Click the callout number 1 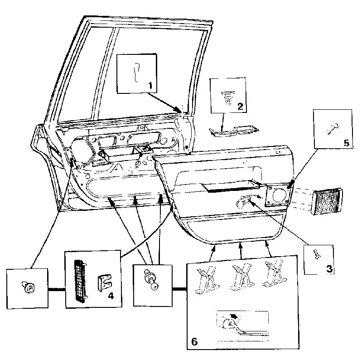pyautogui.click(x=150, y=86)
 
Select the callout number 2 pyautogui.click(x=240, y=106)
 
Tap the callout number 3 pyautogui.click(x=329, y=269)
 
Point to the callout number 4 pyautogui.click(x=111, y=296)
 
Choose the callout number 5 pyautogui.click(x=347, y=143)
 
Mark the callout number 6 pyautogui.click(x=194, y=341)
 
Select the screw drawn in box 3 pyautogui.click(x=317, y=254)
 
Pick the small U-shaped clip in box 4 pyautogui.click(x=104, y=282)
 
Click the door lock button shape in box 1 pyautogui.click(x=137, y=72)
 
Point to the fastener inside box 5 pyautogui.click(x=333, y=128)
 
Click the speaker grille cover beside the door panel pyautogui.click(x=327, y=201)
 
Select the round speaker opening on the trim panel pyautogui.click(x=280, y=195)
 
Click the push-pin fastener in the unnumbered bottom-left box pyautogui.click(x=28, y=287)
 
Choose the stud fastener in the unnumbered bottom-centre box pyautogui.click(x=151, y=279)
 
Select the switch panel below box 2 pyautogui.click(x=234, y=131)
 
